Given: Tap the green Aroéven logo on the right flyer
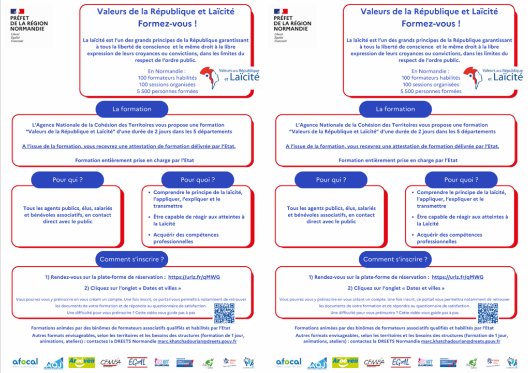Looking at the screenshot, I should pos(345,361).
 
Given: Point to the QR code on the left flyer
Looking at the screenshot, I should pos(224,313).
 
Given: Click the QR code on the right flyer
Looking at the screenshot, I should pos(488,313).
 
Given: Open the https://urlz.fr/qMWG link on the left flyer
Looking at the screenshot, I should pos(194,277).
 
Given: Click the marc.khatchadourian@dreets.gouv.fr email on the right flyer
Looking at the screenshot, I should pos(461,341).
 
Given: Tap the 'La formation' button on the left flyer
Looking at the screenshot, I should pos(132,109).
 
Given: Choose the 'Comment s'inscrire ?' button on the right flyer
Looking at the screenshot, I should pos(395,259).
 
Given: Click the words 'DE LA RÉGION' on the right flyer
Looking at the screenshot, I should pos(292,23).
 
